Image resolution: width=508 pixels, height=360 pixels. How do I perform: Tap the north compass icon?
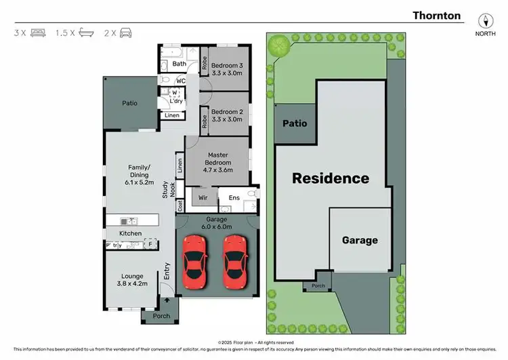click(x=484, y=20)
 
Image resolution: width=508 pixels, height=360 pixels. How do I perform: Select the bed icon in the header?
click(x=38, y=32)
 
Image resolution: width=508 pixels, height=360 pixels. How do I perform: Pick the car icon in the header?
click(x=126, y=32)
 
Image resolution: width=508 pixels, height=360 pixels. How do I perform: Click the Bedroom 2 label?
click(x=227, y=116)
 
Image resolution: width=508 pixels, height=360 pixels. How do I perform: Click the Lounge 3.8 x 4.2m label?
click(x=133, y=280)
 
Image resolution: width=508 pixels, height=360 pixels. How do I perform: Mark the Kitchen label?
click(x=131, y=233)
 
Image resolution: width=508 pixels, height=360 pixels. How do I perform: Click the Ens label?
click(x=234, y=197)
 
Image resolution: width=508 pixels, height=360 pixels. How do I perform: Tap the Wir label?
click(x=202, y=198)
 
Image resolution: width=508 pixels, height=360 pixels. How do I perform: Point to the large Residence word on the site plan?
click(x=331, y=179)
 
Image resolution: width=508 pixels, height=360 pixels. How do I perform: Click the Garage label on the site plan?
click(x=360, y=240)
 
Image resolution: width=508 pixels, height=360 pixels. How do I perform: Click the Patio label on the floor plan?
click(x=129, y=104)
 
